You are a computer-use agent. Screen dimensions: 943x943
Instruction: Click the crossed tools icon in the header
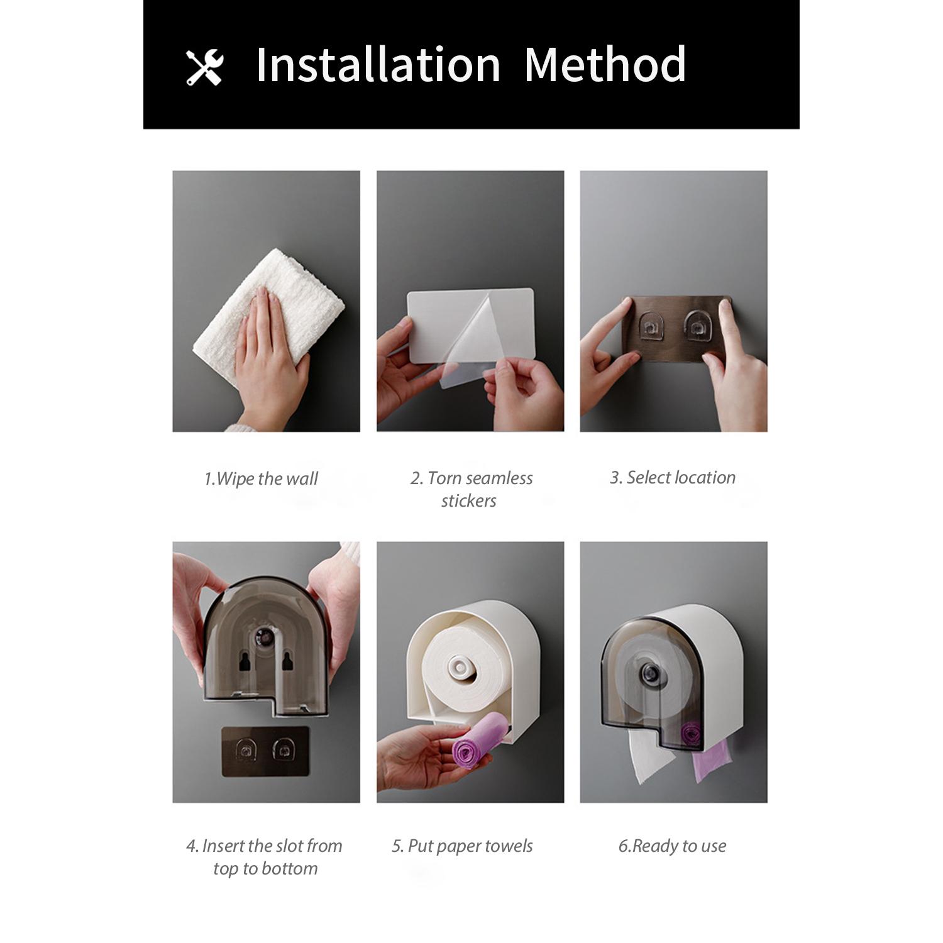pyautogui.click(x=205, y=67)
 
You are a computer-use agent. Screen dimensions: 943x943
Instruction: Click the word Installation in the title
pyautogui.click(x=378, y=64)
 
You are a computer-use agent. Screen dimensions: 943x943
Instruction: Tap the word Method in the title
pyautogui.click(x=605, y=64)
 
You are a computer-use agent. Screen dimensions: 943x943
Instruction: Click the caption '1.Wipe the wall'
pyautogui.click(x=261, y=479)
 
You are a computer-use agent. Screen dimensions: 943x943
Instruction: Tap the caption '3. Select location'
pyautogui.click(x=673, y=478)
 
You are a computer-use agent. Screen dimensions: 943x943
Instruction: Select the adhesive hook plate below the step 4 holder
pyautogui.click(x=265, y=751)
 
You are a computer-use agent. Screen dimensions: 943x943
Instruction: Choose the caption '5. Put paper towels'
pyautogui.click(x=462, y=846)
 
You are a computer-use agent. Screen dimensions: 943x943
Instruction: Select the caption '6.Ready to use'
pyautogui.click(x=672, y=846)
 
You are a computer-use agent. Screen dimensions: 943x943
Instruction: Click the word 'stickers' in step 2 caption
pyautogui.click(x=468, y=501)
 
